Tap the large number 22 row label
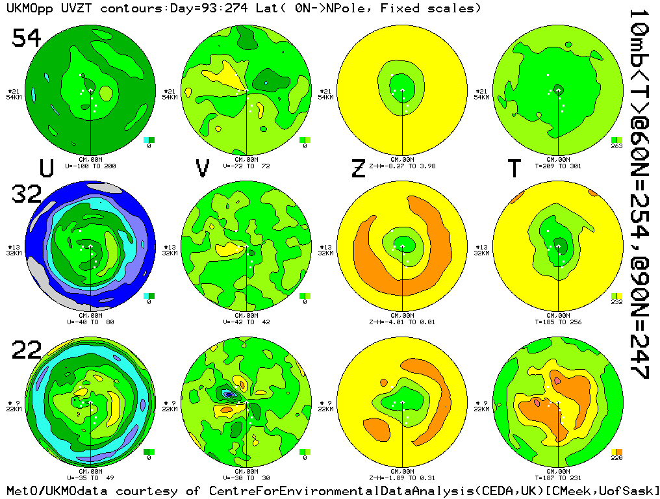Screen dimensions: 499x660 (27, 351)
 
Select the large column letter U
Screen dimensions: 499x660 (46, 168)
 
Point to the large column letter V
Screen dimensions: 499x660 (203, 168)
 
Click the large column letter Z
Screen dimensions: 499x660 (358, 168)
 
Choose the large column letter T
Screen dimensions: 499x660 (514, 168)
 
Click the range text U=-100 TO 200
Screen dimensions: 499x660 (90, 166)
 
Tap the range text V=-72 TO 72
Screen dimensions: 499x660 (246, 166)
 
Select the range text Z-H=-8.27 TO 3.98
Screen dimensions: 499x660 (401, 166)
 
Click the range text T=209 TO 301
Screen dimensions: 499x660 (557, 166)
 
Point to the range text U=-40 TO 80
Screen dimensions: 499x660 (90, 322)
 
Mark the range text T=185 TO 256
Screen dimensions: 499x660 (557, 322)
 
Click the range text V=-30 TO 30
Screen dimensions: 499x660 (246, 478)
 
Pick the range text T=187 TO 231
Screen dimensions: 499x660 (557, 478)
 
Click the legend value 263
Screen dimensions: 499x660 (616, 146)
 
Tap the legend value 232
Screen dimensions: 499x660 (616, 302)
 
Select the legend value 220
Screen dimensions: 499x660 (616, 458)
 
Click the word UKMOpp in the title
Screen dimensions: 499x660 (26, 8)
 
